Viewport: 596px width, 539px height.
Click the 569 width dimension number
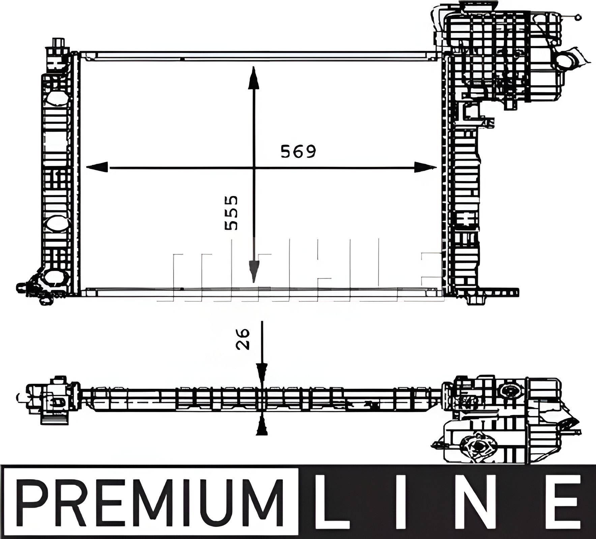(x=298, y=152)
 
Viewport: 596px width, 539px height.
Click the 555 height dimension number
(x=231, y=213)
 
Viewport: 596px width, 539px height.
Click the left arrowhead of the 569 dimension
(x=97, y=167)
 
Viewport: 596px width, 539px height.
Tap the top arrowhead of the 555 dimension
(x=253, y=78)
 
